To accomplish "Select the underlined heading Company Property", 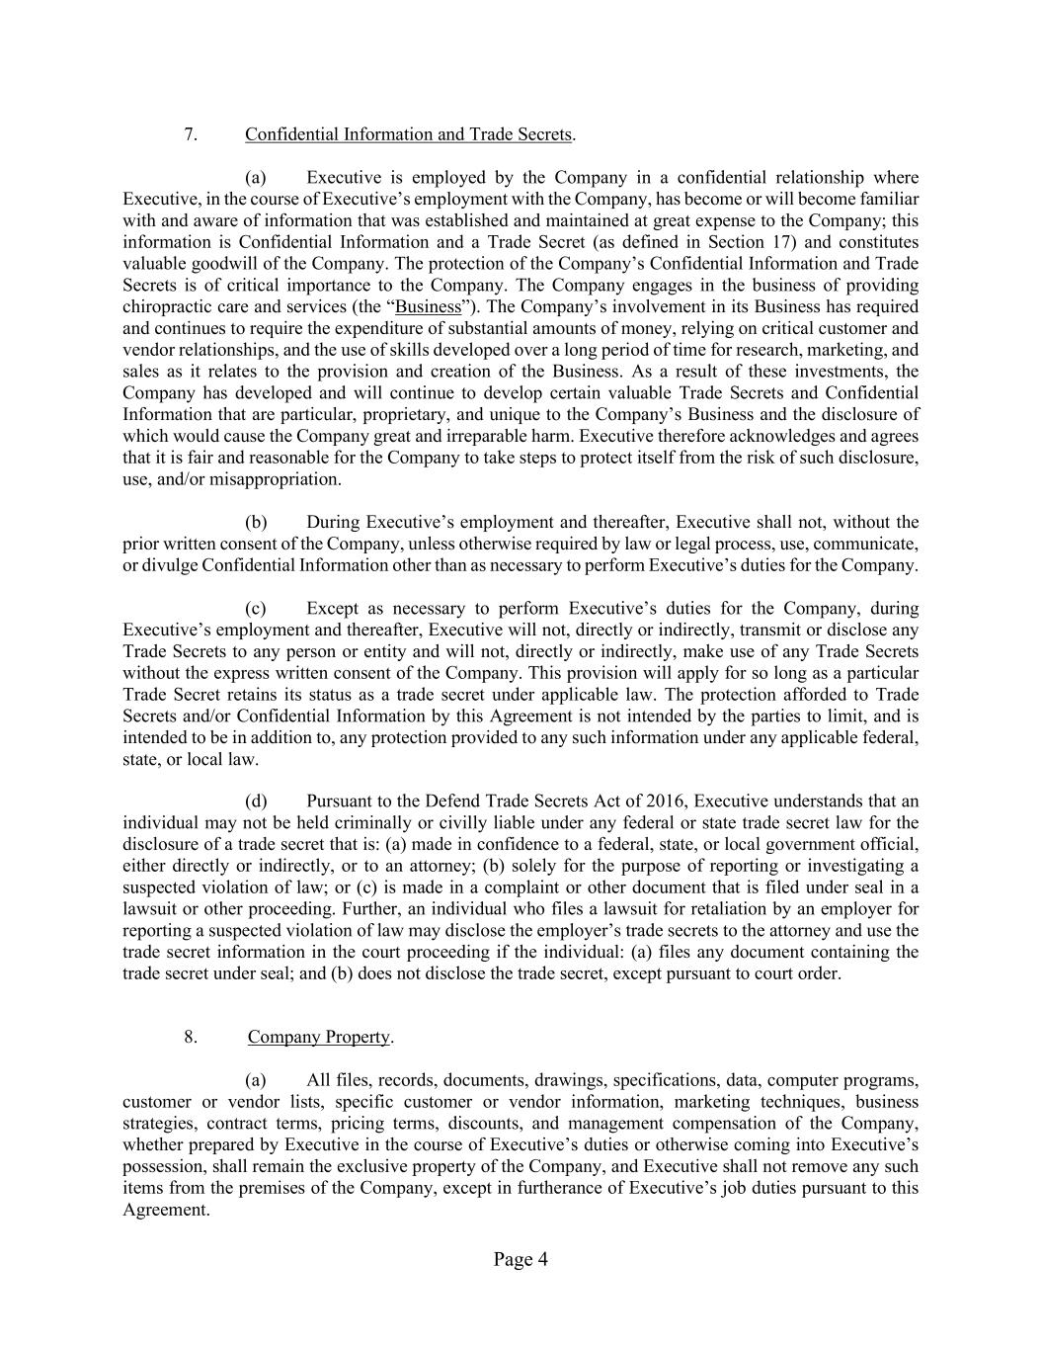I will click(x=319, y=1037).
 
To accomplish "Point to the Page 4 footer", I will click(x=521, y=1259).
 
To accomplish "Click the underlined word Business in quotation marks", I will click(x=428, y=307).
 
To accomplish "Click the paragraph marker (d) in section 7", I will click(x=256, y=801).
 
